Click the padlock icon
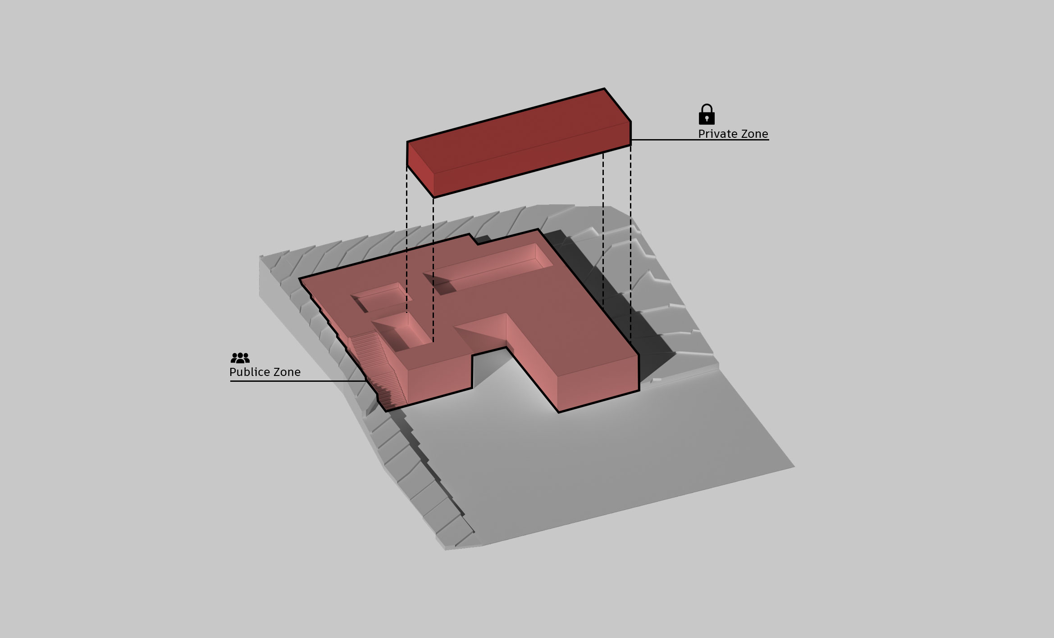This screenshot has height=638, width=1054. pos(707,114)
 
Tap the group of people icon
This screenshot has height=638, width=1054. pos(240,358)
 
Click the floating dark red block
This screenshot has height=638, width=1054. pos(519,143)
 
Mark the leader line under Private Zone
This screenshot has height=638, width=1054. pos(700,140)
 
